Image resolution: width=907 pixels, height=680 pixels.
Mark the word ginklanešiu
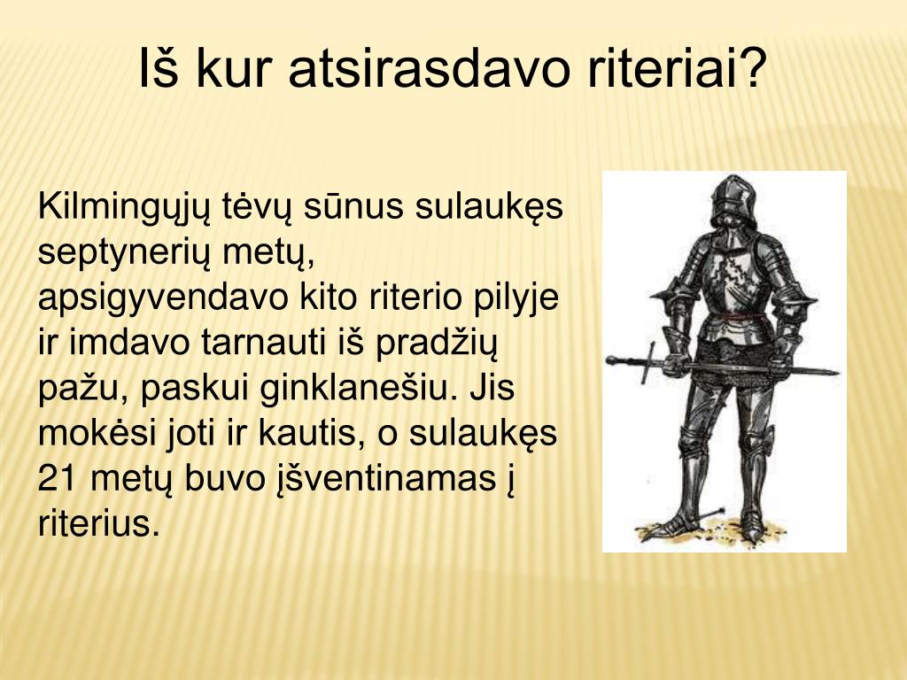(361, 388)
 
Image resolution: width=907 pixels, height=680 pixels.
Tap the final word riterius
(99, 523)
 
